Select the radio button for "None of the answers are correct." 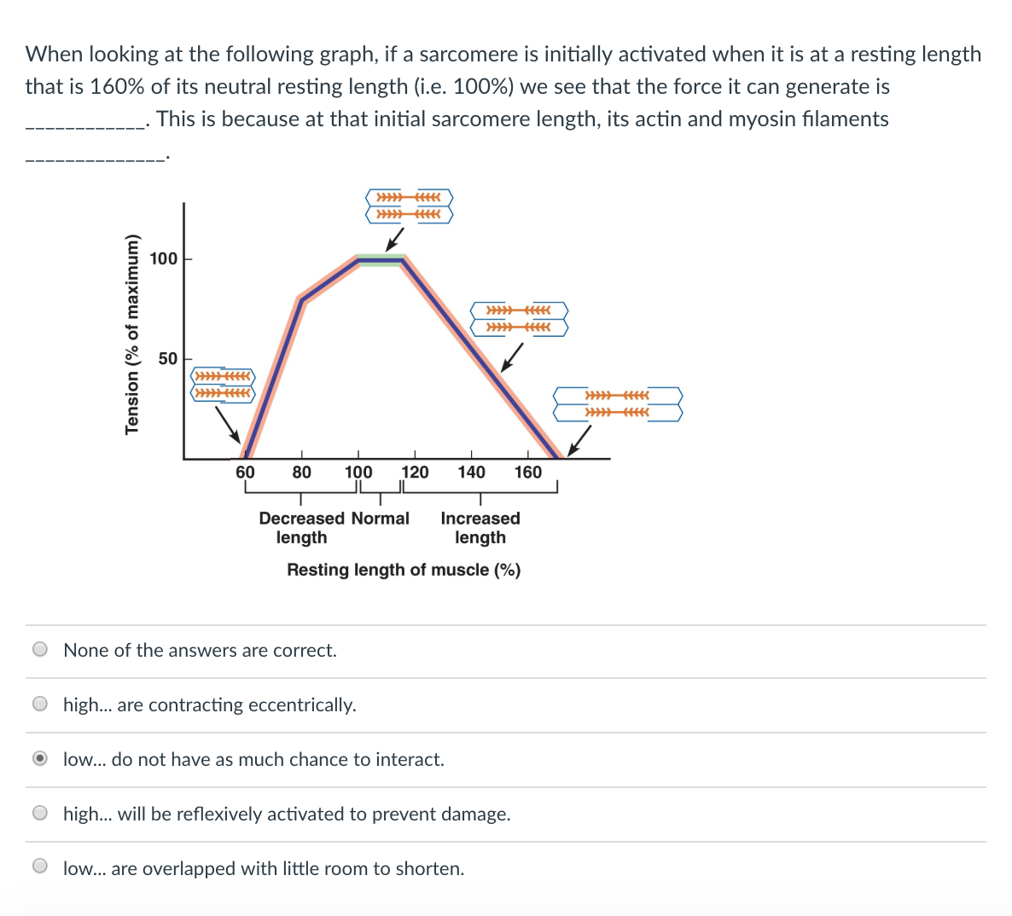click(x=40, y=650)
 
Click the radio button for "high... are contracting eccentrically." click(x=40, y=704)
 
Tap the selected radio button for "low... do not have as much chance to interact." click(x=40, y=759)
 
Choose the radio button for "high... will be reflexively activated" click(x=40, y=814)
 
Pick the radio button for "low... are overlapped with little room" click(x=40, y=868)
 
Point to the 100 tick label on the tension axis click(x=164, y=258)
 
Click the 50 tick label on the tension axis click(x=168, y=359)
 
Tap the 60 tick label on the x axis click(x=245, y=472)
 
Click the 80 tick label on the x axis click(x=301, y=472)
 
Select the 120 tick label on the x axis click(x=415, y=472)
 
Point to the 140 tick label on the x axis click(x=471, y=472)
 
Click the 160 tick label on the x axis click(x=527, y=472)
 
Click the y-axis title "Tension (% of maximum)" click(x=132, y=333)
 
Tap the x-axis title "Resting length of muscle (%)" click(x=404, y=570)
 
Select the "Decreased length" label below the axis click(x=302, y=528)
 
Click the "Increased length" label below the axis click(x=480, y=528)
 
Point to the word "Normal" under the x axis click(x=381, y=519)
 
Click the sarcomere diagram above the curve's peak click(x=409, y=206)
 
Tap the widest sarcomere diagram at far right click(x=618, y=404)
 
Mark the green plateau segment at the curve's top click(x=381, y=260)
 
